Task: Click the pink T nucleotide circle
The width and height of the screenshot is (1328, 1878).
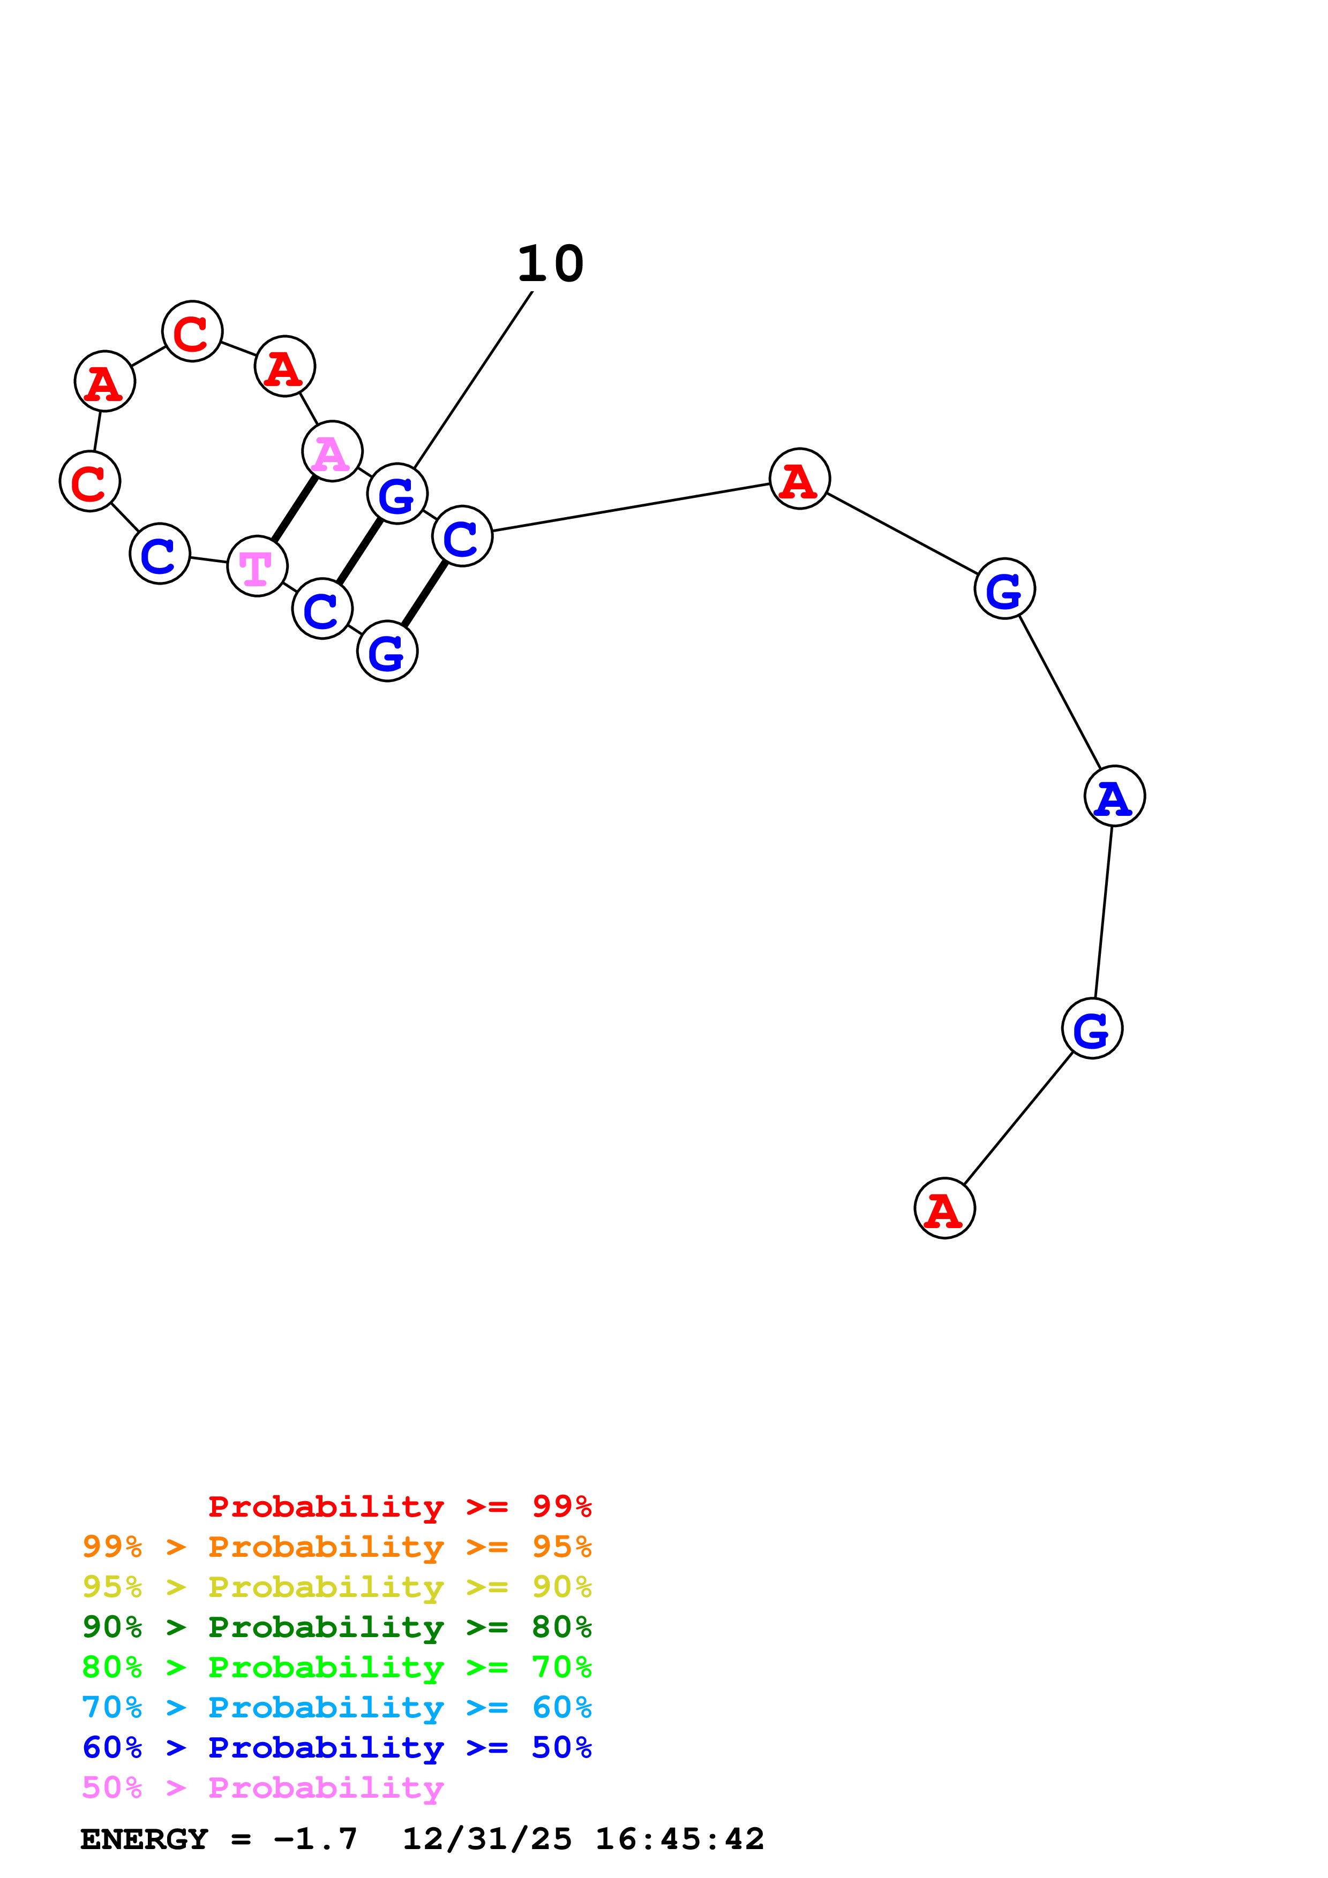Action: pyautogui.click(x=257, y=566)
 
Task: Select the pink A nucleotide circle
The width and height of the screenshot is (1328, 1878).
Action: pyautogui.click(x=332, y=451)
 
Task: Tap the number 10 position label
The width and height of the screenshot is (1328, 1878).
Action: pyautogui.click(x=551, y=264)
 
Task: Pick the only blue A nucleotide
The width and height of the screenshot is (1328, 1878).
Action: pyautogui.click(x=1114, y=796)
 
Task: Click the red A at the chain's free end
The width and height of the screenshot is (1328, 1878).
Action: pyautogui.click(x=944, y=1208)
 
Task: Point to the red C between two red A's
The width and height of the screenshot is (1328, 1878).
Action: pyautogui.click(x=192, y=331)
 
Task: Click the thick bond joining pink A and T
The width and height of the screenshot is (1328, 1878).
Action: pyautogui.click(x=295, y=508)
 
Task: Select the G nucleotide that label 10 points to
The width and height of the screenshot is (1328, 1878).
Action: pyautogui.click(x=397, y=494)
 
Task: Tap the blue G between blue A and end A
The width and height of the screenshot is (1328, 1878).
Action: pyautogui.click(x=1092, y=1028)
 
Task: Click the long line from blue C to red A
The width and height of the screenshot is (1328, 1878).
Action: pyautogui.click(x=630, y=507)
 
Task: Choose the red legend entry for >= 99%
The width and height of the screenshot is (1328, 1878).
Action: pyautogui.click(x=399, y=1506)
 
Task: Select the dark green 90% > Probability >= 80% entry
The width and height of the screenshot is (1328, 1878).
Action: pyautogui.click(x=337, y=1627)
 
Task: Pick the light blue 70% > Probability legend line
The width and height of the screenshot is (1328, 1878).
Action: pyautogui.click(x=337, y=1707)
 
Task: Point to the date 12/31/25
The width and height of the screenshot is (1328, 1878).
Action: pyautogui.click(x=487, y=1839)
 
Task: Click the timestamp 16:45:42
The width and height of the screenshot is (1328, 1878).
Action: pyautogui.click(x=679, y=1839)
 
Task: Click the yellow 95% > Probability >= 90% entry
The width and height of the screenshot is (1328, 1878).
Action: pyautogui.click(x=337, y=1587)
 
